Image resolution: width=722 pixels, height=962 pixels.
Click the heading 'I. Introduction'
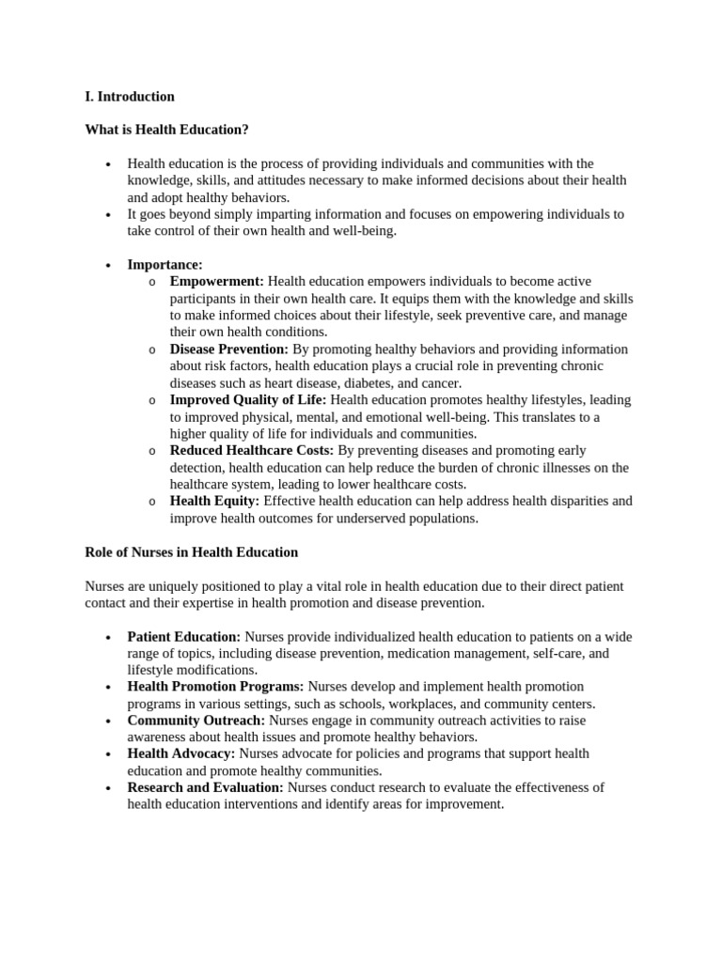pos(130,96)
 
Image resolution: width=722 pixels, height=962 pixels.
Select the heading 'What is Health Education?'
pos(166,129)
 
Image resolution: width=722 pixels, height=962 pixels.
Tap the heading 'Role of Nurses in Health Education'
pos(191,551)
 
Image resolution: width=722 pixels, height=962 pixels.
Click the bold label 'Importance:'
pos(165,265)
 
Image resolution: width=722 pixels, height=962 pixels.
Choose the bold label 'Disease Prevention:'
pos(228,349)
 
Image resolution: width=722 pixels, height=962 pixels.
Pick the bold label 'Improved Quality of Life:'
pos(248,399)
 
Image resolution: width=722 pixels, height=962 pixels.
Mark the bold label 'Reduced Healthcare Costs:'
pos(251,450)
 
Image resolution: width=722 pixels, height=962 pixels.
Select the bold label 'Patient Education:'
pos(184,636)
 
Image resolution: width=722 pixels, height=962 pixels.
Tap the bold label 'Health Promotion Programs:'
pos(215,687)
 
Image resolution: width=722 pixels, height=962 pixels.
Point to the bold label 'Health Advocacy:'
pos(181,753)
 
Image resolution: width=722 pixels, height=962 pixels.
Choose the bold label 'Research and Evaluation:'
pos(205,787)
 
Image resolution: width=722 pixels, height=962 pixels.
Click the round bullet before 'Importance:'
pos(110,266)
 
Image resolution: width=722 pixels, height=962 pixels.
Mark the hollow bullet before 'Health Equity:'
pos(152,502)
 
